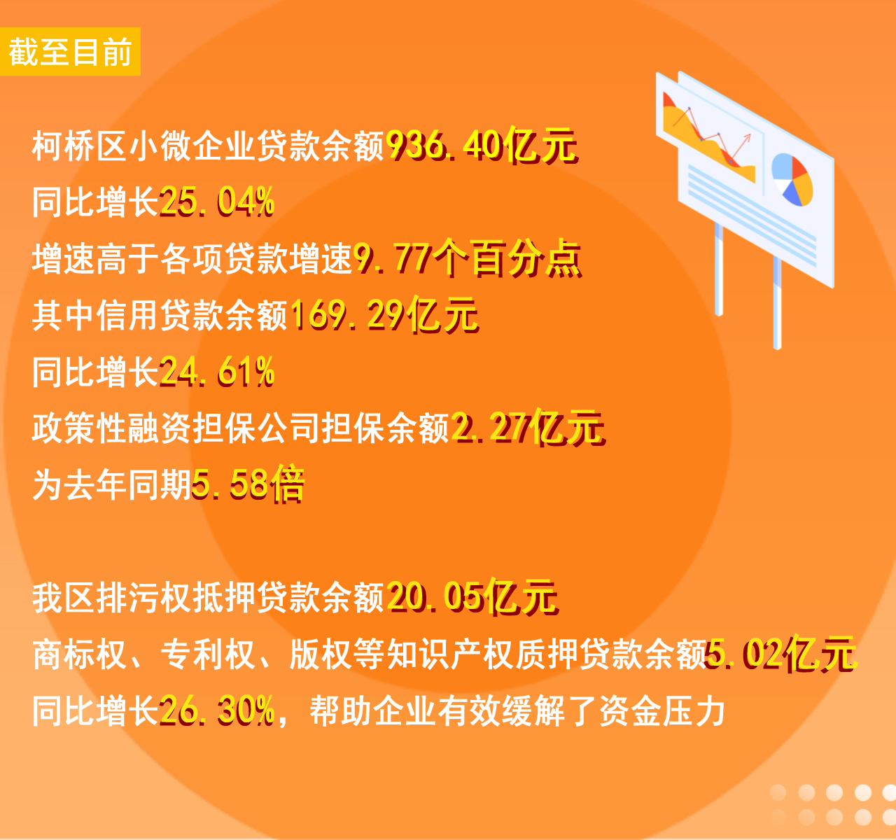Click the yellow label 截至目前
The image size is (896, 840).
tap(70, 52)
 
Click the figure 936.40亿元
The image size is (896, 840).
tap(482, 146)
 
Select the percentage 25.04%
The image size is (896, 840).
tap(217, 202)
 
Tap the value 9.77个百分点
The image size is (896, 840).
tap(468, 258)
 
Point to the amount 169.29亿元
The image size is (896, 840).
tap(384, 314)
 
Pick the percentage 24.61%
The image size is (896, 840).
tap(217, 372)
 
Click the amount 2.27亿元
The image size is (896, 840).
tap(528, 428)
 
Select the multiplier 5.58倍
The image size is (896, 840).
tap(248, 484)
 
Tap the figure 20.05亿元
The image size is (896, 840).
tap(472, 596)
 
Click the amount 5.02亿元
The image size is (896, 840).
tap(781, 654)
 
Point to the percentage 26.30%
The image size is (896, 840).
tap(217, 710)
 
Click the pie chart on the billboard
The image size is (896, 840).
tap(792, 180)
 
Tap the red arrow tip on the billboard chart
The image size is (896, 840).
tap(750, 134)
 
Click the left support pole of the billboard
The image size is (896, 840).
tap(719, 269)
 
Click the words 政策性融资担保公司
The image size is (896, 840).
tap(176, 428)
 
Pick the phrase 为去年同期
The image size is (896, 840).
tap(111, 485)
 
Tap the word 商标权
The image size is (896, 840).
tap(79, 654)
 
